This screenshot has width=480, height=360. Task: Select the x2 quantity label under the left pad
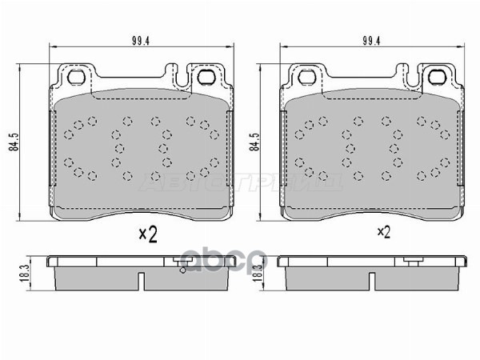(146, 234)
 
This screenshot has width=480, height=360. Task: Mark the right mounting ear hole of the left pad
(205, 78)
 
